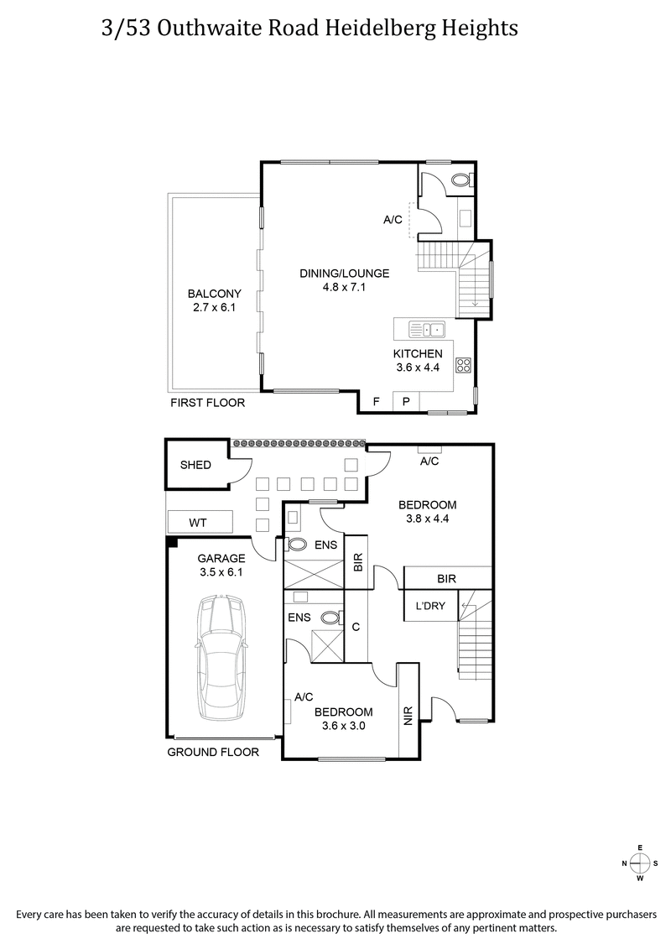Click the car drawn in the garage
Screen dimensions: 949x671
click(x=221, y=658)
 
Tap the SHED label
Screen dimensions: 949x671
click(x=195, y=465)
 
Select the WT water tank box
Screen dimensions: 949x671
click(x=198, y=522)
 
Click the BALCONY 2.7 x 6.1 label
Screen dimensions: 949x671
click(x=214, y=300)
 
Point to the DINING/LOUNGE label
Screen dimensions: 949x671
click(x=345, y=273)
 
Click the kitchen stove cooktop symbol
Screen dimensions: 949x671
click(x=462, y=365)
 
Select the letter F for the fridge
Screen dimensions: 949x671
click(x=376, y=402)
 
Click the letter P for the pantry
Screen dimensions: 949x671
click(x=406, y=402)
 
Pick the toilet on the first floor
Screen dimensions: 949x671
click(x=460, y=180)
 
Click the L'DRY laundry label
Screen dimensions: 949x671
click(x=424, y=606)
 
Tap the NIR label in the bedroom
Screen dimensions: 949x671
click(x=408, y=715)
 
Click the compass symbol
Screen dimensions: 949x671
click(x=639, y=863)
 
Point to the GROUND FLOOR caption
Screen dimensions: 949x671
click(x=213, y=752)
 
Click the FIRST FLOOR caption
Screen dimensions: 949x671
click(x=207, y=403)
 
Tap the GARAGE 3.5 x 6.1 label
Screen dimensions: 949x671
click(x=221, y=565)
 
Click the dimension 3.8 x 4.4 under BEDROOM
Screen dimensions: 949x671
click(x=427, y=519)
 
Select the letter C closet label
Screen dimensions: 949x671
click(x=356, y=627)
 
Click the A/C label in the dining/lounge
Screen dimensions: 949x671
click(x=393, y=220)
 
